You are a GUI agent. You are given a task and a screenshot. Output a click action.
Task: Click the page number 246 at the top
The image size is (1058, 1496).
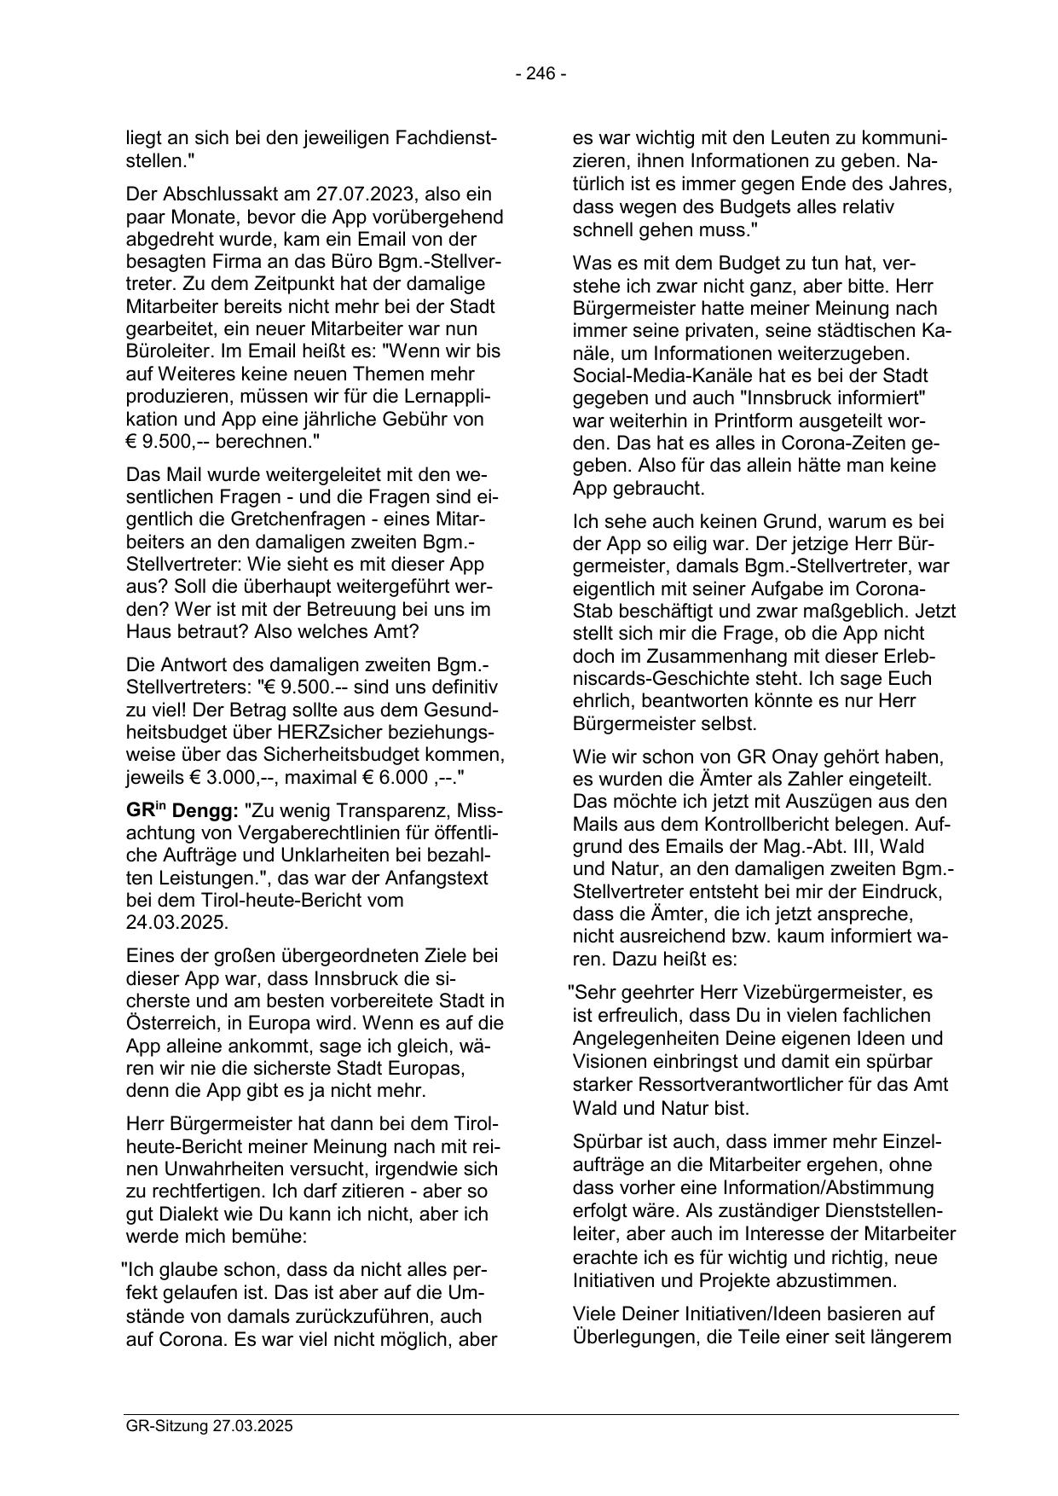click(x=541, y=74)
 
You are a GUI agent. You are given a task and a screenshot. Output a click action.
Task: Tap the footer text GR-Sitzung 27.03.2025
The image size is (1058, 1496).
click(x=209, y=1426)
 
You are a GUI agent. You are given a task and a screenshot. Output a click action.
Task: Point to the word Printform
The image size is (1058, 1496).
click(x=732, y=420)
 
